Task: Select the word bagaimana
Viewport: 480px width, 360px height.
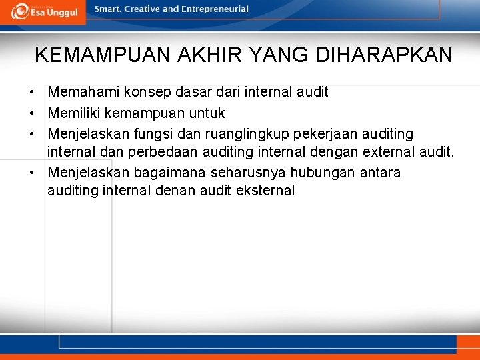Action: (170, 173)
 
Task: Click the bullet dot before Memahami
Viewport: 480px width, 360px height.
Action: (31, 92)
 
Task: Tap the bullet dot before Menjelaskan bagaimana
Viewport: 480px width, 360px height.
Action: (31, 173)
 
